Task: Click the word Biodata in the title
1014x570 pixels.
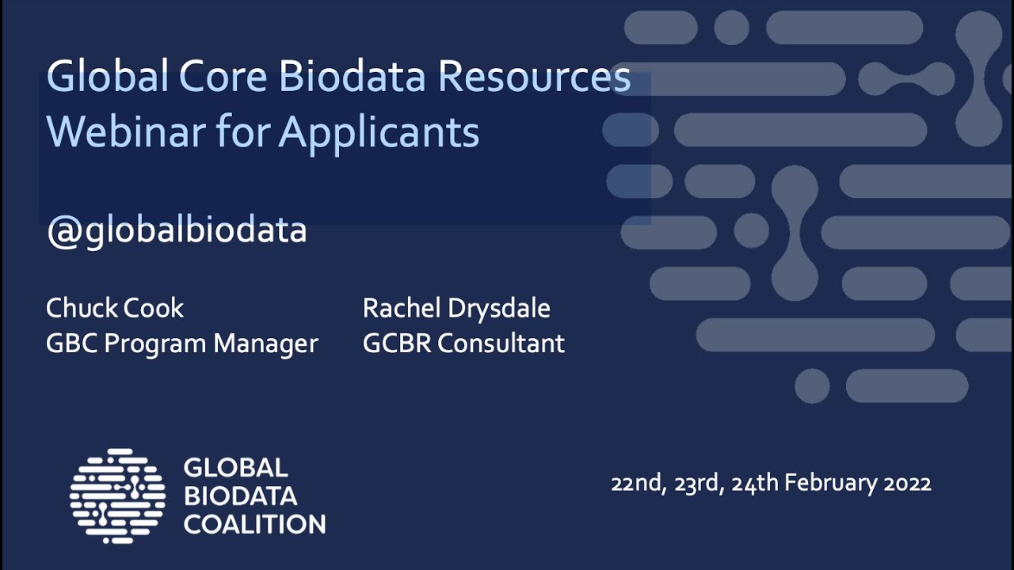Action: tap(354, 77)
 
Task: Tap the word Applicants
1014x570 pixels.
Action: tap(379, 133)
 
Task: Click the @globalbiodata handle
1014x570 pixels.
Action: tap(176, 230)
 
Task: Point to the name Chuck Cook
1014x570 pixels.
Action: tap(115, 308)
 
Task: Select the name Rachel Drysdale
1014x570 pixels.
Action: tap(456, 308)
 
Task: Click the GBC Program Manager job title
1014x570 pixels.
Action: tap(182, 344)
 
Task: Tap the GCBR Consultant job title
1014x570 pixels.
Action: tap(463, 344)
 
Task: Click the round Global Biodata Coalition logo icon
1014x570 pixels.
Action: tap(117, 496)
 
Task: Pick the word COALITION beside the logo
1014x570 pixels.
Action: tap(254, 524)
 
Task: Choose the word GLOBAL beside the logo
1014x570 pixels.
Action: tap(235, 468)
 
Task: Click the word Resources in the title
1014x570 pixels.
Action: tap(534, 77)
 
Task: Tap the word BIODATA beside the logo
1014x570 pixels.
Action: tap(240, 496)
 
